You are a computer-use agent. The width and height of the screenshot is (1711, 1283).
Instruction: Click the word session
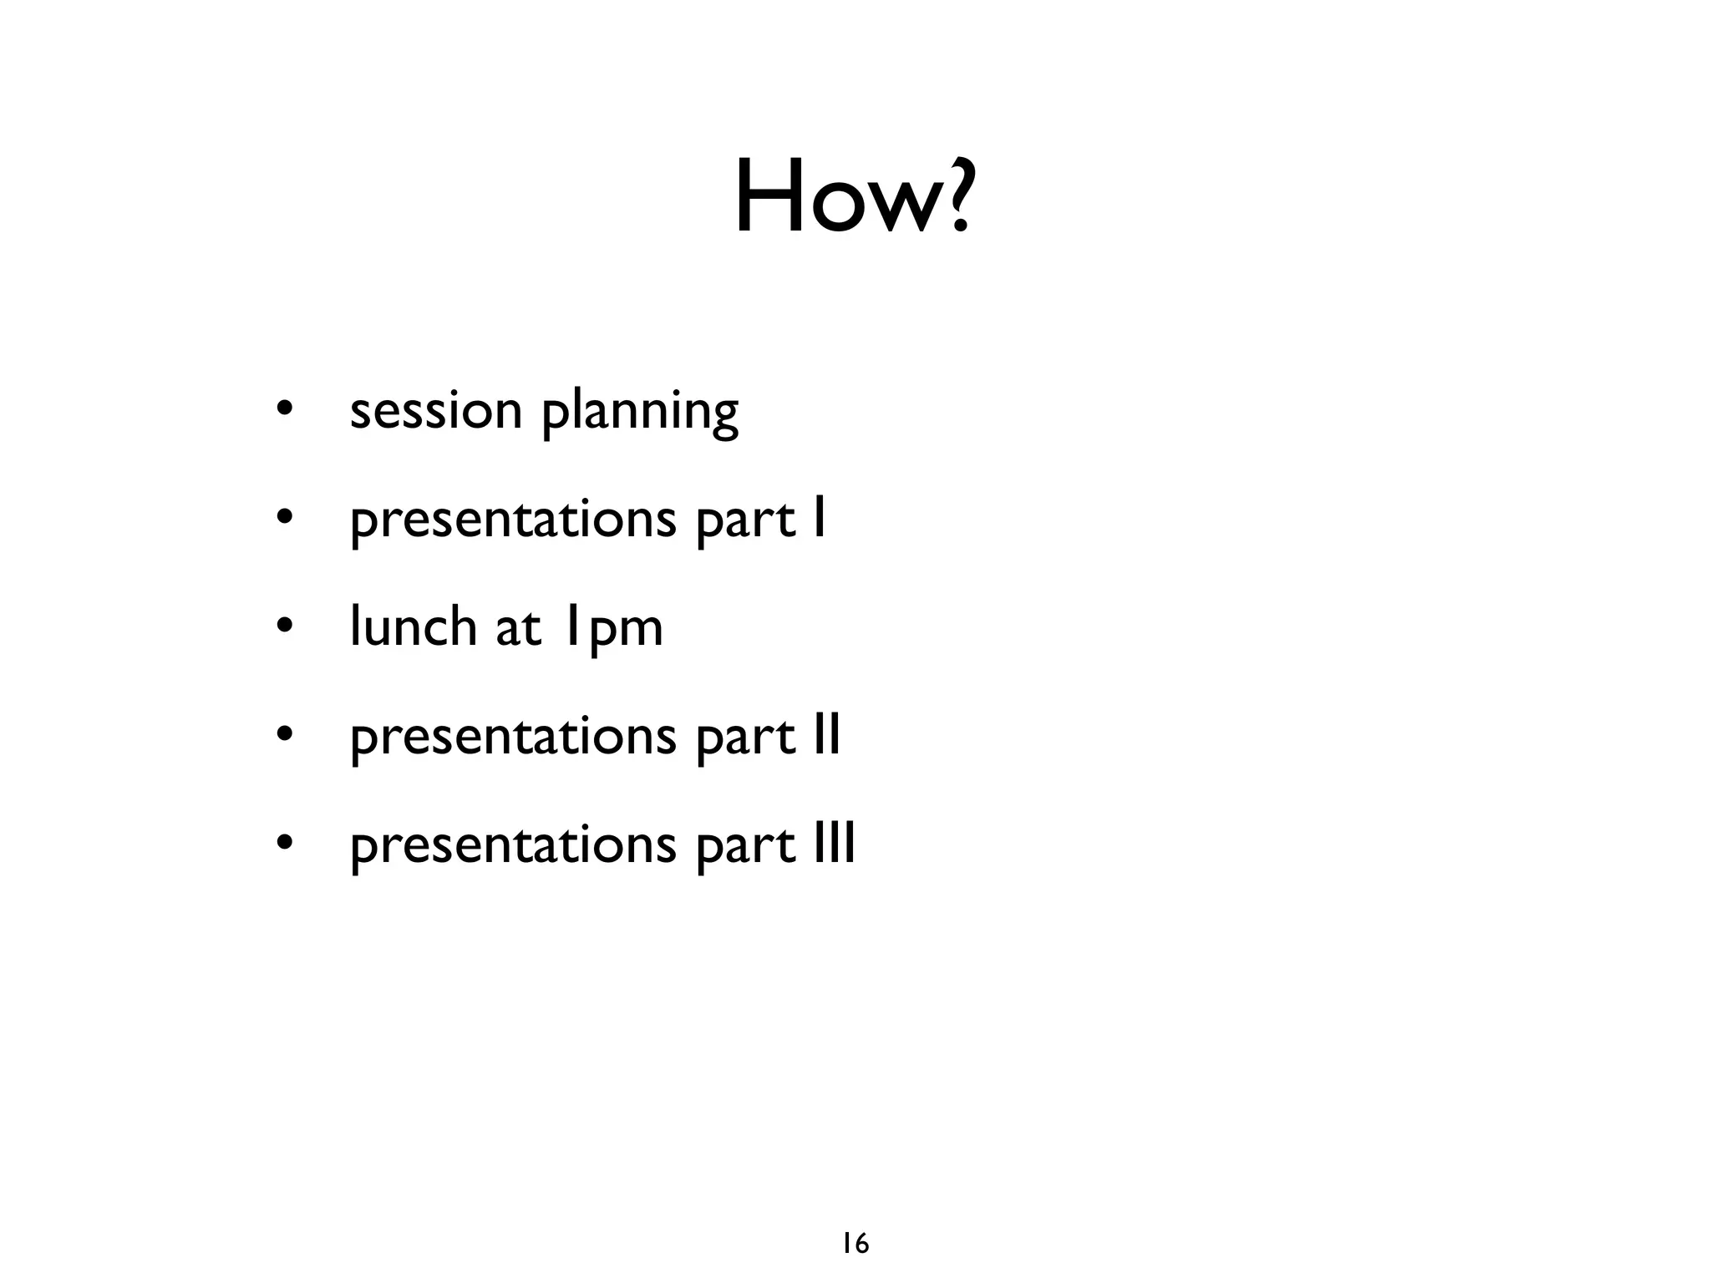(435, 411)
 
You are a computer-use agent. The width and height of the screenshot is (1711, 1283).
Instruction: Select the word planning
(640, 414)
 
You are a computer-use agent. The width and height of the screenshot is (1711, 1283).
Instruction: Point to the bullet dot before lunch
(286, 627)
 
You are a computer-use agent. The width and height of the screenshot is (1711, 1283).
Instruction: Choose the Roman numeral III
(835, 844)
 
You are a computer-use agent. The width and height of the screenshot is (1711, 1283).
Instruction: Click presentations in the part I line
(513, 522)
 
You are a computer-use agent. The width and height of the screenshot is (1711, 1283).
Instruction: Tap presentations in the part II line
(513, 739)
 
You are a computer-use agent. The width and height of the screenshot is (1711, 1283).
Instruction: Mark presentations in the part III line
(513, 848)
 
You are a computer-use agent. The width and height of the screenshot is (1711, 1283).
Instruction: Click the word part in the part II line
(745, 739)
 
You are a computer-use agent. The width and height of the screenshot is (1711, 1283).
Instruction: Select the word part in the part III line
(745, 848)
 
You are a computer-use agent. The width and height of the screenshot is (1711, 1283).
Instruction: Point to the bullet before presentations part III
(286, 844)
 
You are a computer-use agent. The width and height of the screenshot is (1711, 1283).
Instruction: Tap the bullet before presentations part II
(286, 736)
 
